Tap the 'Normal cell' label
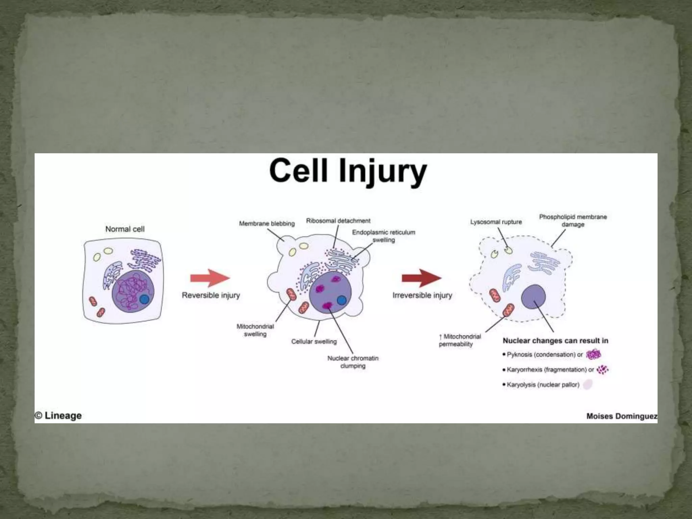(125, 229)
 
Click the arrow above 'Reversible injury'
(210, 278)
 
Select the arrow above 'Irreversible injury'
(421, 278)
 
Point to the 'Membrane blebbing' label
(267, 224)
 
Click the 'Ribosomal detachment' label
(338, 221)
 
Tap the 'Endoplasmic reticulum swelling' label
(384, 236)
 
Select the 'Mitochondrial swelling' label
(255, 330)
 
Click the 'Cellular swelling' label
(314, 342)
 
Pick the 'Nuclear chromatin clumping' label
(353, 362)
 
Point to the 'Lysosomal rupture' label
(496, 222)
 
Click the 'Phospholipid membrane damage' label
(573, 220)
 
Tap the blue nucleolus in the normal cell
(144, 299)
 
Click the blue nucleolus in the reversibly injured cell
(342, 300)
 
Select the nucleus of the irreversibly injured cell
(533, 297)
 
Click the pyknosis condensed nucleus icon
(594, 354)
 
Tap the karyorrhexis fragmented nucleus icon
(602, 370)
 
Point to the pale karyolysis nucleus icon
(588, 385)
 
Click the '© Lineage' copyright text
(58, 416)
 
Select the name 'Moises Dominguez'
(621, 416)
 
